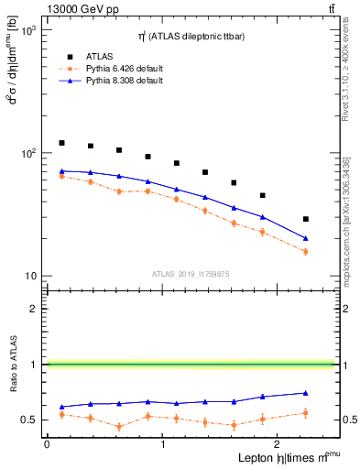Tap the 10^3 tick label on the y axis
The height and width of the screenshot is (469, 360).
[27, 30]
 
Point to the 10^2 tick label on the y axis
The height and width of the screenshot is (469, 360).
[27, 153]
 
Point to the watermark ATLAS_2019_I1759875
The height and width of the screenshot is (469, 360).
[190, 272]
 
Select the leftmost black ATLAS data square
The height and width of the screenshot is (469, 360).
[61, 143]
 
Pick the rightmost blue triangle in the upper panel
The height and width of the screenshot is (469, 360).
[306, 238]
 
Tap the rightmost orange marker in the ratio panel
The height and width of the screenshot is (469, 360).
[306, 413]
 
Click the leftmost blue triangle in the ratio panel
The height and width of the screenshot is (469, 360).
[61, 407]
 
